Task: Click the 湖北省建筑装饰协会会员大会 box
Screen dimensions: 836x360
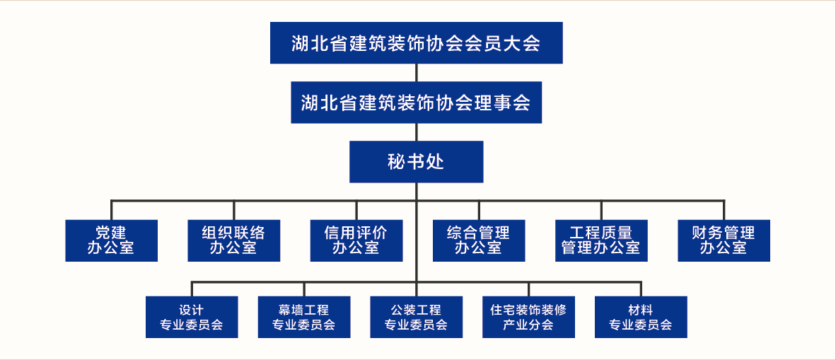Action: (x=417, y=42)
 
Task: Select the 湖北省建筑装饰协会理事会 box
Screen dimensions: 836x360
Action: (x=417, y=103)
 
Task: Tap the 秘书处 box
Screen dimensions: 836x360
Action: (x=417, y=161)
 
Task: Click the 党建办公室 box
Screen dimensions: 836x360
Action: (x=112, y=240)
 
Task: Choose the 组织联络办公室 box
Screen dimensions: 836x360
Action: (x=234, y=240)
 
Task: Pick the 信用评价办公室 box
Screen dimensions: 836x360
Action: (x=356, y=240)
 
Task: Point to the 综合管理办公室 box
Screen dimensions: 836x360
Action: (x=479, y=240)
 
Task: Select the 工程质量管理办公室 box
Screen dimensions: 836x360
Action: (x=601, y=240)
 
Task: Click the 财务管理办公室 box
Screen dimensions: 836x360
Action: (x=724, y=240)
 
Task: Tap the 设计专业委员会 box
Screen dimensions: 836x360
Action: (x=192, y=317)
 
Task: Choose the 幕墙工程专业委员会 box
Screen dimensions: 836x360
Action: (x=304, y=317)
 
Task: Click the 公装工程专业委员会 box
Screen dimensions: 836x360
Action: (x=417, y=317)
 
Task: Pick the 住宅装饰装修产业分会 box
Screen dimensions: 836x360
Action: (x=529, y=317)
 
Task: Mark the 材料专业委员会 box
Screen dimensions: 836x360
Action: (x=641, y=317)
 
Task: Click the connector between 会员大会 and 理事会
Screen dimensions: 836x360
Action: (x=417, y=73)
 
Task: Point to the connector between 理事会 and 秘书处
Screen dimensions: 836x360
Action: (x=417, y=132)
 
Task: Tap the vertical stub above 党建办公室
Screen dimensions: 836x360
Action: (x=112, y=210)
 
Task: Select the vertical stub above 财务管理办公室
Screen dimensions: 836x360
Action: (x=724, y=210)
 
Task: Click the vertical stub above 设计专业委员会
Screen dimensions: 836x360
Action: (x=192, y=289)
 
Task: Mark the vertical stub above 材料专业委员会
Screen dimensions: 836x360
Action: (x=641, y=289)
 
